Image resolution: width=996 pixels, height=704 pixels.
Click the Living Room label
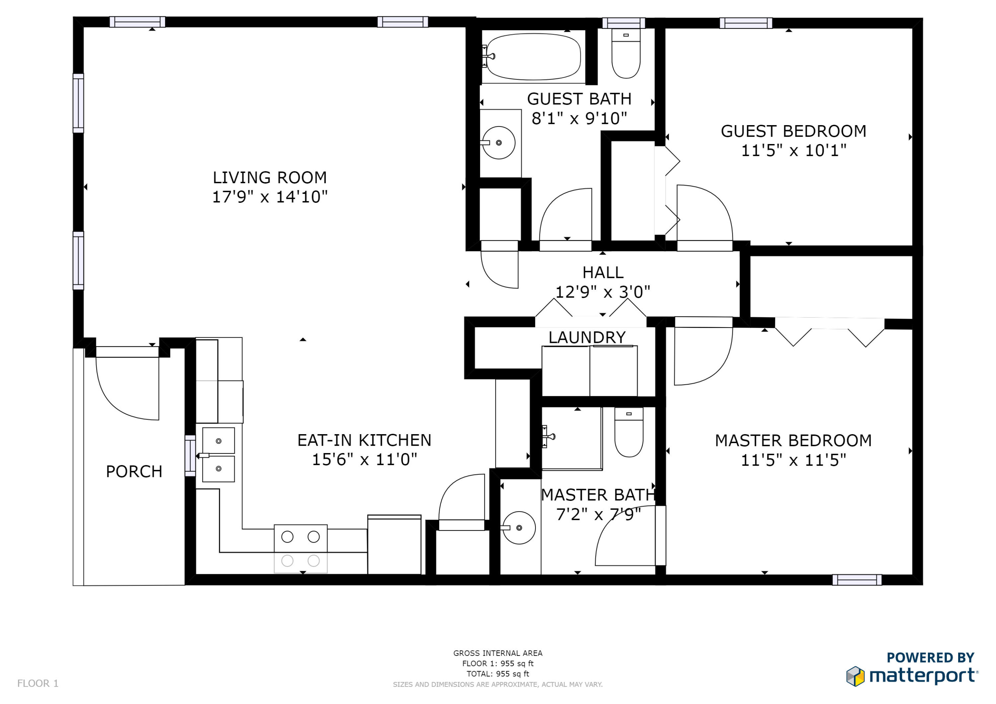point(269,177)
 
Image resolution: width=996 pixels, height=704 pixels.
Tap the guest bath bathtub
point(533,57)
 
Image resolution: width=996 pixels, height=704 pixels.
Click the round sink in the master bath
point(519,528)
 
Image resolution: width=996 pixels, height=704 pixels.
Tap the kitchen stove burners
point(300,548)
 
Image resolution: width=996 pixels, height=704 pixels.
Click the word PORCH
point(134,472)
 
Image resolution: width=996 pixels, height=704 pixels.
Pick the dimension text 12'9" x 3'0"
point(603,292)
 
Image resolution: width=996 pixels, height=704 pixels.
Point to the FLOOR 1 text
point(38,683)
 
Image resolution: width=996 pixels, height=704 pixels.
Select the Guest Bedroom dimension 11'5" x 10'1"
point(793,150)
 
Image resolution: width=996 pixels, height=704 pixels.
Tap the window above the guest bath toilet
point(623,23)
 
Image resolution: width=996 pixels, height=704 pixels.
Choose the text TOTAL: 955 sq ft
point(498,674)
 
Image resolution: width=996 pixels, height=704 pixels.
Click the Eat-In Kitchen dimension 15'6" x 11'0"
point(365,459)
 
